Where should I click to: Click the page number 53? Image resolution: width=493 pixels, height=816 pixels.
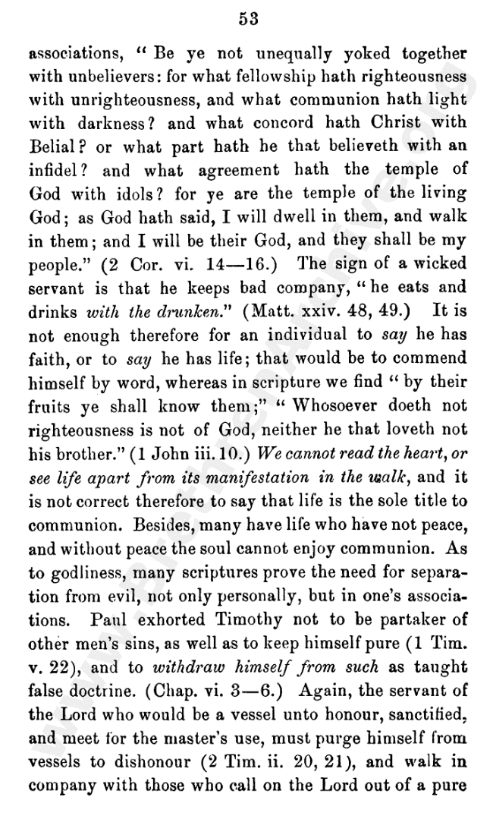click(x=247, y=20)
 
